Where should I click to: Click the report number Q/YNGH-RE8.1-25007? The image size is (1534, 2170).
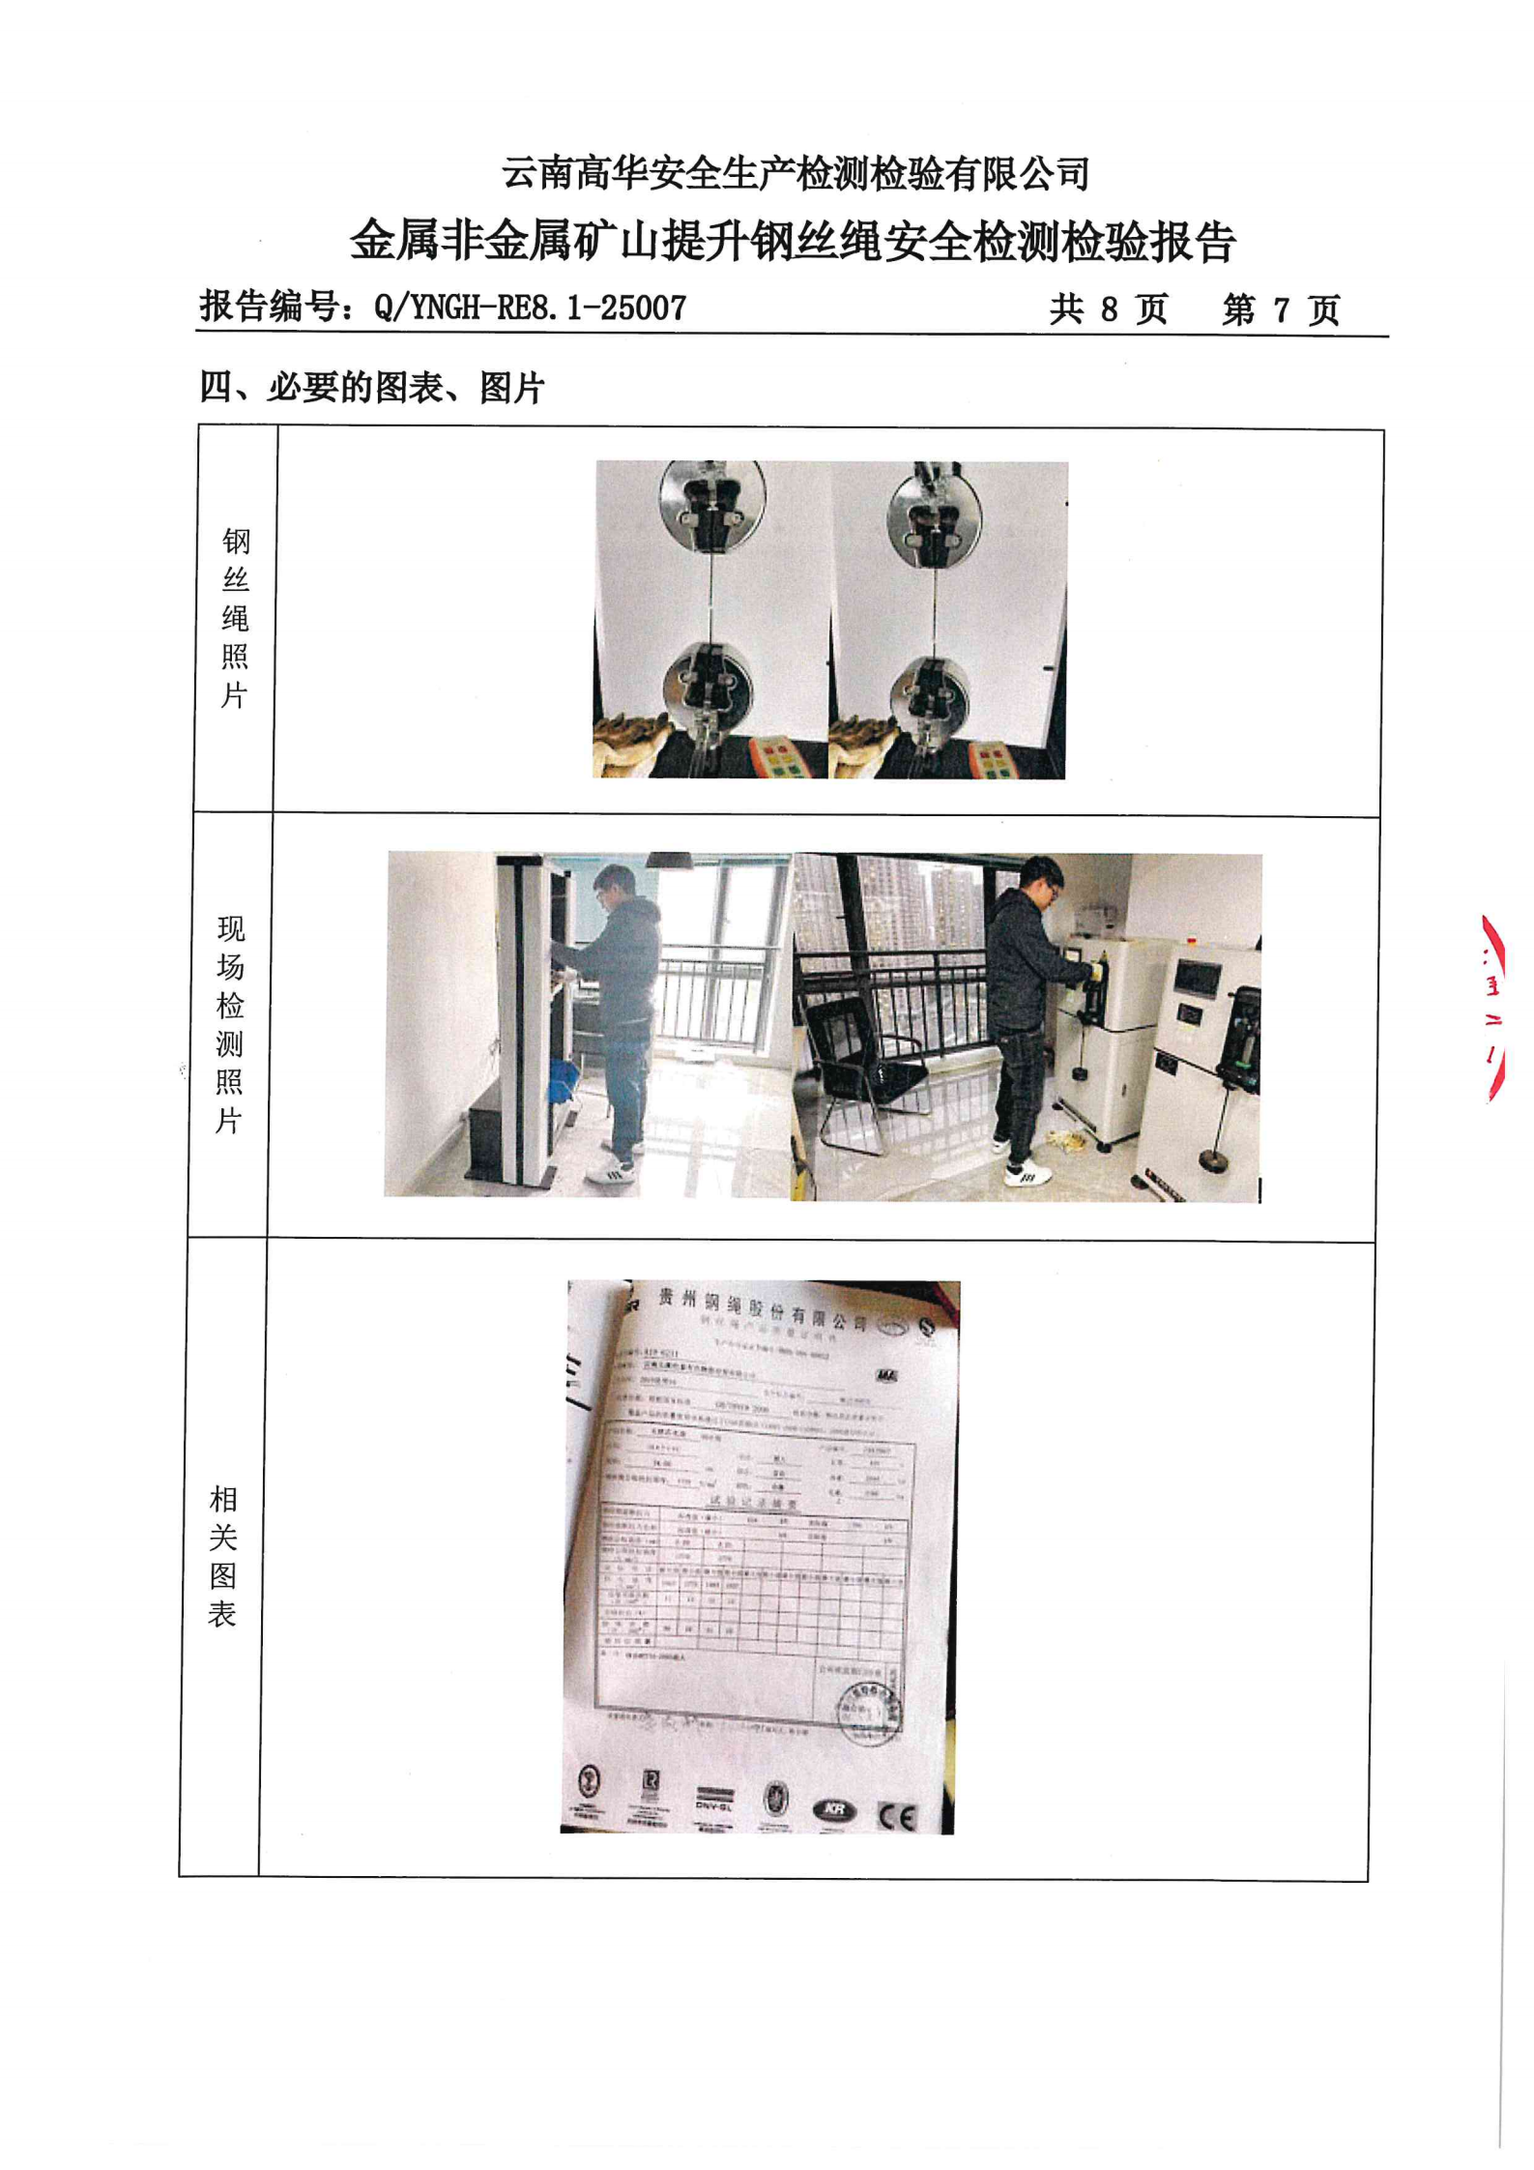[x=530, y=308]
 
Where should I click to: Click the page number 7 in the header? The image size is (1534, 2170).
[x=1281, y=309]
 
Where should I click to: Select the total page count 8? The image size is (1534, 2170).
[x=1109, y=309]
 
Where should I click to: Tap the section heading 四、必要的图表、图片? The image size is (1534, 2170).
[x=372, y=388]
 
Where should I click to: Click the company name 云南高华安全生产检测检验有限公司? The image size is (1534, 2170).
[x=795, y=174]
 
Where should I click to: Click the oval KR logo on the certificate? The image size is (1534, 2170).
[x=835, y=1811]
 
